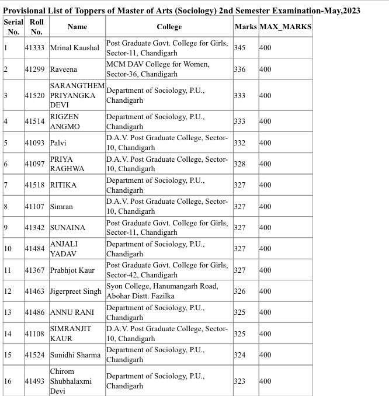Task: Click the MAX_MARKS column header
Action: click(x=285, y=27)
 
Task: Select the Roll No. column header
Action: click(x=36, y=27)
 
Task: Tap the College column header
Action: click(x=169, y=27)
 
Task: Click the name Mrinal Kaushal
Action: click(x=74, y=48)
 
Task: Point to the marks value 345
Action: click(x=239, y=48)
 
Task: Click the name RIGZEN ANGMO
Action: click(x=64, y=121)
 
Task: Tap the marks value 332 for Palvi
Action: click(x=239, y=143)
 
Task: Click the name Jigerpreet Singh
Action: click(x=75, y=291)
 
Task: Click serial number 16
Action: click(x=8, y=381)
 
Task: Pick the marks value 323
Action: click(x=239, y=381)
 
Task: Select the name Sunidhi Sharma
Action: click(x=75, y=355)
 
